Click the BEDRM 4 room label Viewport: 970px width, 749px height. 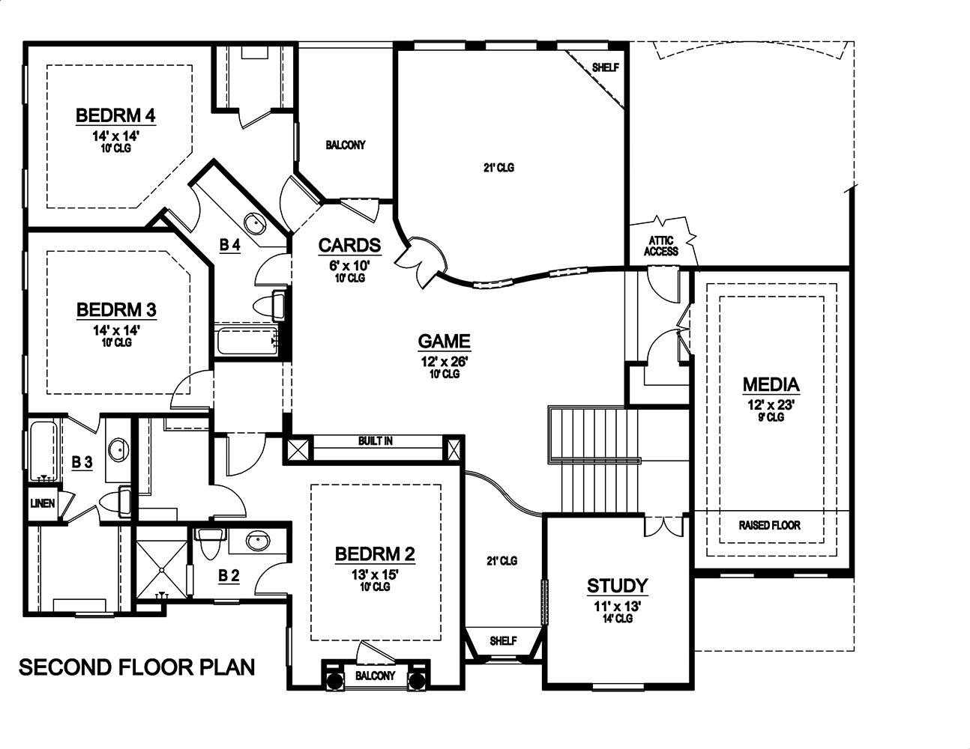click(x=115, y=115)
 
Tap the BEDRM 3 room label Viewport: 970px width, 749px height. click(x=115, y=309)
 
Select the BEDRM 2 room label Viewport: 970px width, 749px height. click(x=375, y=554)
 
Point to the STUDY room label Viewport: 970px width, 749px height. click(x=617, y=586)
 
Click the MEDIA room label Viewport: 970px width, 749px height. click(x=771, y=385)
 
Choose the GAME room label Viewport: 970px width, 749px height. click(x=444, y=342)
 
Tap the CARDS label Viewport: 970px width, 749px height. click(x=349, y=246)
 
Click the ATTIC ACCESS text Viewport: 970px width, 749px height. click(x=660, y=246)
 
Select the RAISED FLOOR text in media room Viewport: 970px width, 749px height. click(x=769, y=525)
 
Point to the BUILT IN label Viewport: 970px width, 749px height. click(x=375, y=441)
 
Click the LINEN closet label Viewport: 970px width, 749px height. click(x=43, y=503)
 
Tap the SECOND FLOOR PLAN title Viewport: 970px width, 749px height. click(x=136, y=667)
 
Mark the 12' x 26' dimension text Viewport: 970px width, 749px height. click(x=444, y=362)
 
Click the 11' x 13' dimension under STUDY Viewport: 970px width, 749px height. click(x=617, y=606)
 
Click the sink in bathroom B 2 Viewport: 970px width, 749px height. click(x=259, y=541)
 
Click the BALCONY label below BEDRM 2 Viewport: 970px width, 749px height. click(x=374, y=676)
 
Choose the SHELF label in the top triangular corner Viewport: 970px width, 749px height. click(x=605, y=67)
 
